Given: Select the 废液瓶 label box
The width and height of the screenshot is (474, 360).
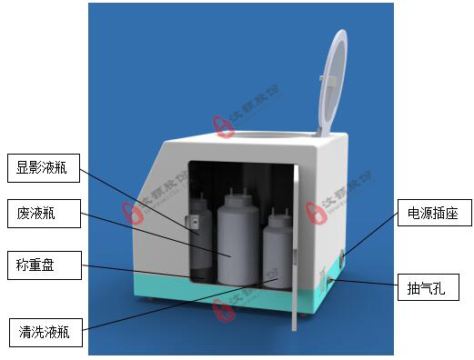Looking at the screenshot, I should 44,215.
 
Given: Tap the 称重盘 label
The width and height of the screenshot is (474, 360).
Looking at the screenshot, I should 44,266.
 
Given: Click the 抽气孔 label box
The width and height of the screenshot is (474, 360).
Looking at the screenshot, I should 428,289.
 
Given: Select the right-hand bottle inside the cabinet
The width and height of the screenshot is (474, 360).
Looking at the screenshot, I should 279,255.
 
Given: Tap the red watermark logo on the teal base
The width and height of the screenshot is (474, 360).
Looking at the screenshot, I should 220,310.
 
